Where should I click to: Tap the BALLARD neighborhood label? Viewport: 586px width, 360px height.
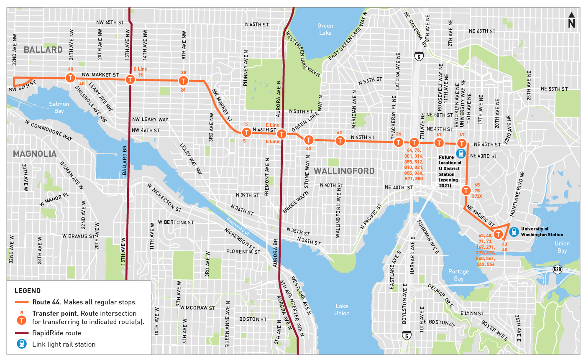click(x=43, y=50)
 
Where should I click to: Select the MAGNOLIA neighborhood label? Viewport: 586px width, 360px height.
click(x=35, y=154)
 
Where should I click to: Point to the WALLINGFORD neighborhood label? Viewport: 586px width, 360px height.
click(x=344, y=171)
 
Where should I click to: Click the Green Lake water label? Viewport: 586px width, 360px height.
click(x=325, y=29)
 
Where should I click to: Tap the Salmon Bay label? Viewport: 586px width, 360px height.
click(x=59, y=107)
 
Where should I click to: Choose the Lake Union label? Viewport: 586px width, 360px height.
click(x=342, y=309)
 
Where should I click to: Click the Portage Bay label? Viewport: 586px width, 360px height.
click(x=458, y=275)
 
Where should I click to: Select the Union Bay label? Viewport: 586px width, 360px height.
click(x=562, y=247)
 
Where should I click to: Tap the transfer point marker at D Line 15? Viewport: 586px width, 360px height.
click(x=131, y=79)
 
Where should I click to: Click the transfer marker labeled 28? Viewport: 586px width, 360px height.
click(x=183, y=81)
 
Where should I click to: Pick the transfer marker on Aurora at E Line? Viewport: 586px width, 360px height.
click(x=281, y=134)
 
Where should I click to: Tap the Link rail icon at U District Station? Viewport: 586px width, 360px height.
click(x=461, y=153)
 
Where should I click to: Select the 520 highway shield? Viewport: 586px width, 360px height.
click(x=557, y=269)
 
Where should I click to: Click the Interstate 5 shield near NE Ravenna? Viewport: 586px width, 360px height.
click(x=418, y=56)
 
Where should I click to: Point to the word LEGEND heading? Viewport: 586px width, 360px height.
click(x=28, y=291)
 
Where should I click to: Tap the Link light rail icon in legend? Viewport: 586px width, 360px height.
click(x=21, y=344)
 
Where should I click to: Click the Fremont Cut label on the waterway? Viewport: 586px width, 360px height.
click(x=238, y=226)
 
